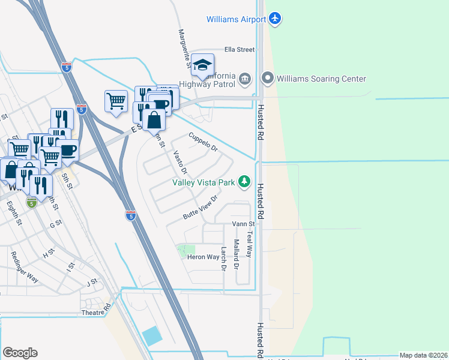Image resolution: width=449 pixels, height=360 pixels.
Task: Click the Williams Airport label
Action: (236, 19)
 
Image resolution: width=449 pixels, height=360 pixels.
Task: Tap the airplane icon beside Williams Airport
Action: (276, 19)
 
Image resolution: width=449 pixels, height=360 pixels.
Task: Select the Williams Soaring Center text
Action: (322, 79)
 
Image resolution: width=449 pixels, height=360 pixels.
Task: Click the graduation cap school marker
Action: (203, 65)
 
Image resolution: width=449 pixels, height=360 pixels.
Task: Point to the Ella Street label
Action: (240, 50)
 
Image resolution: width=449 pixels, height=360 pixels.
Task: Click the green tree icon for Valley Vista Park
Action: (244, 181)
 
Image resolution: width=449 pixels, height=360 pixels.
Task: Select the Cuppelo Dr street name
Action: (202, 143)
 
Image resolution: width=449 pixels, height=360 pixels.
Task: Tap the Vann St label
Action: (244, 224)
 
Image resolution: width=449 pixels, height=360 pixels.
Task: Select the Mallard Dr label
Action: (237, 254)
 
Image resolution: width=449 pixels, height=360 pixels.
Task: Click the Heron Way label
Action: (203, 257)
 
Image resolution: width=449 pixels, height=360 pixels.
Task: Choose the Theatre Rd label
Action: (97, 311)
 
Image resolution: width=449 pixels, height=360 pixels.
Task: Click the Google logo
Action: (20, 353)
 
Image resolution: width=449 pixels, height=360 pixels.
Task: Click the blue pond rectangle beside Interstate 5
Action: (152, 336)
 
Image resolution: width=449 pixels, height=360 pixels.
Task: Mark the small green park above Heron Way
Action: (186, 250)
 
